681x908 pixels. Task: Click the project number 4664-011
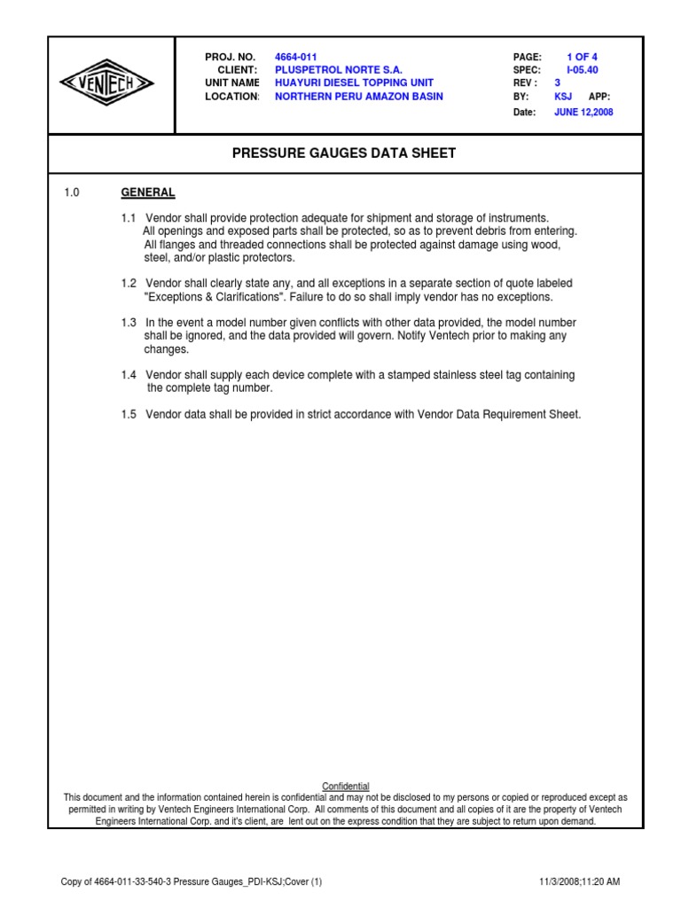(295, 57)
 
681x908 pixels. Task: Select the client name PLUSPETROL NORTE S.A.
(338, 70)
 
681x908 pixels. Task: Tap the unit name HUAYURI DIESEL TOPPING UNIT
(355, 83)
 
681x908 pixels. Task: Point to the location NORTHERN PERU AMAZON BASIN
(358, 97)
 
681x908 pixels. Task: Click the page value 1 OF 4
(582, 57)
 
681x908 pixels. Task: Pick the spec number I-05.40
(582, 70)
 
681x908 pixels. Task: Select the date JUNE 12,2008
(583, 113)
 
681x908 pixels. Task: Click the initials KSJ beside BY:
(564, 97)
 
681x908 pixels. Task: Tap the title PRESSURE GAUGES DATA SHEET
(344, 153)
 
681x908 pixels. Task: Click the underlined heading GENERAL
(147, 192)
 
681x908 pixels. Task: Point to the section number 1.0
(72, 192)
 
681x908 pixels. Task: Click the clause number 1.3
(129, 323)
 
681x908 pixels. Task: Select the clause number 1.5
(129, 414)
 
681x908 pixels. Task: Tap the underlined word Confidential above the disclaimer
(345, 787)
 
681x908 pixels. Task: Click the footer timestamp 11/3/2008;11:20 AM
(579, 881)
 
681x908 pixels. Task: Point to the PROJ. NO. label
(231, 57)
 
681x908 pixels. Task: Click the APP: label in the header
(599, 97)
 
